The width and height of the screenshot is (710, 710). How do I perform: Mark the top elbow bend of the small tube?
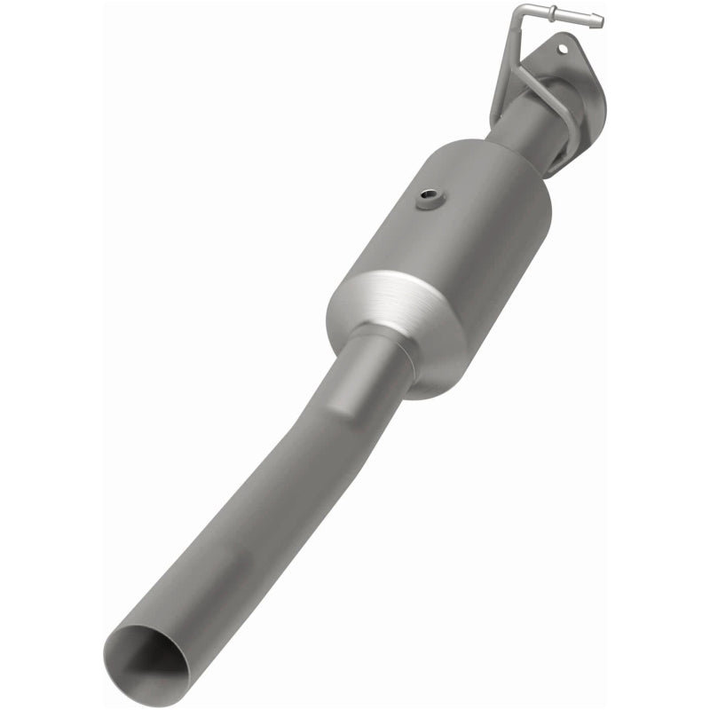pyautogui.click(x=518, y=14)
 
